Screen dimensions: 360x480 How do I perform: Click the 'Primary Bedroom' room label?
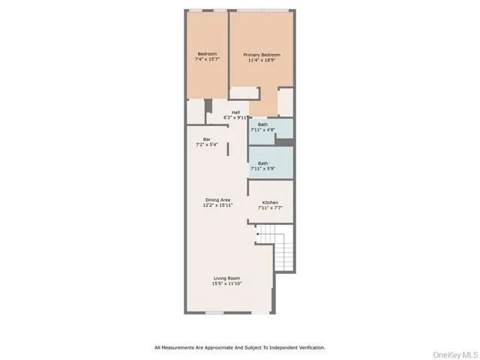tap(262, 54)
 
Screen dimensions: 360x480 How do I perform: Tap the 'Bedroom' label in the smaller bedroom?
tap(207, 53)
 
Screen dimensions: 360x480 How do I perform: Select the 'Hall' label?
tap(235, 112)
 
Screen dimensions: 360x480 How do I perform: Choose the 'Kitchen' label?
tap(270, 202)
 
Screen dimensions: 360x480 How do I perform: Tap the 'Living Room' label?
tap(226, 278)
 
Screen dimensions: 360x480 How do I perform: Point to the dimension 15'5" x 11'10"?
tap(226, 283)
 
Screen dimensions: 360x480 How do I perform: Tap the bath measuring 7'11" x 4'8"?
tap(262, 127)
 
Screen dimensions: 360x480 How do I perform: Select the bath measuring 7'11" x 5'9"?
tap(262, 166)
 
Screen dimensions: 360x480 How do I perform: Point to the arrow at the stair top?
tap(259, 235)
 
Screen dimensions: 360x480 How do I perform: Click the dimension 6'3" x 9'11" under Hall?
tap(235, 118)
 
